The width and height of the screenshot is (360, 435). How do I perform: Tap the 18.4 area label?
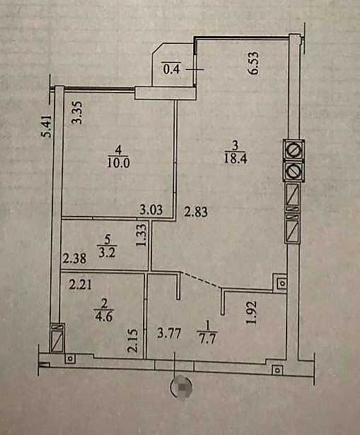coord(236,159)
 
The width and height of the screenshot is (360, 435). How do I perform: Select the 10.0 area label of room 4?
coord(118,163)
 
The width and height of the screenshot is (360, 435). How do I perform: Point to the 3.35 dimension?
coord(77,112)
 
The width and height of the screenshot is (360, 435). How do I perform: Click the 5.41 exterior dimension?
coord(46,126)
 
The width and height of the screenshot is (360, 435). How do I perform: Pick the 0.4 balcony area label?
coord(172,69)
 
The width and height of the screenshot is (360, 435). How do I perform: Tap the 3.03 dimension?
coord(151,209)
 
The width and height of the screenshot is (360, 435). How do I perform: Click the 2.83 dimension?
coord(196,211)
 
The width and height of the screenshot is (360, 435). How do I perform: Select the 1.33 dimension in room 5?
coord(141,235)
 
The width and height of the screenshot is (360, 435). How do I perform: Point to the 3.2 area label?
coord(107,253)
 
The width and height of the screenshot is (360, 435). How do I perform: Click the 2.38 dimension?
coord(74,259)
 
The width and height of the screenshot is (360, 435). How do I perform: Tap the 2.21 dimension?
coord(80,284)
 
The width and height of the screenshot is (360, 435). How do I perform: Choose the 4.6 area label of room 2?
coord(104,316)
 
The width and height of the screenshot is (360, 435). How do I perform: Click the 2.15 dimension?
coord(132,340)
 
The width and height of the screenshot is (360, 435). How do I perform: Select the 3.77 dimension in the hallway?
coord(169,333)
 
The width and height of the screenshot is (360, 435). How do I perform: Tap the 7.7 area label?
coord(208,339)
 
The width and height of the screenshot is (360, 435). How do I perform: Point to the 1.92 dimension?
coord(252,313)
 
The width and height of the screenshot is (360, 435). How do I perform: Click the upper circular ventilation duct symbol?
coord(294,150)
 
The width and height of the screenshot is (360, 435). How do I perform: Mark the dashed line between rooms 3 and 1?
coord(201,279)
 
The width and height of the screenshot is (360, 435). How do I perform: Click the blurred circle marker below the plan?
coord(181,386)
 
